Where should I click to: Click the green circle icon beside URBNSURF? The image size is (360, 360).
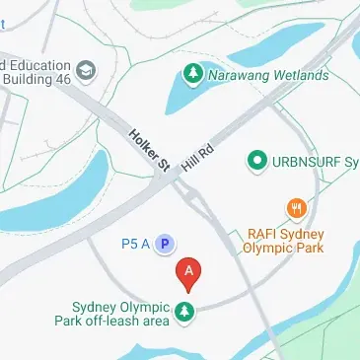[257, 159]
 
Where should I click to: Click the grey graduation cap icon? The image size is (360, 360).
[87, 70]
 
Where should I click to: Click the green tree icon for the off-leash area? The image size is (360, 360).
[184, 314]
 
